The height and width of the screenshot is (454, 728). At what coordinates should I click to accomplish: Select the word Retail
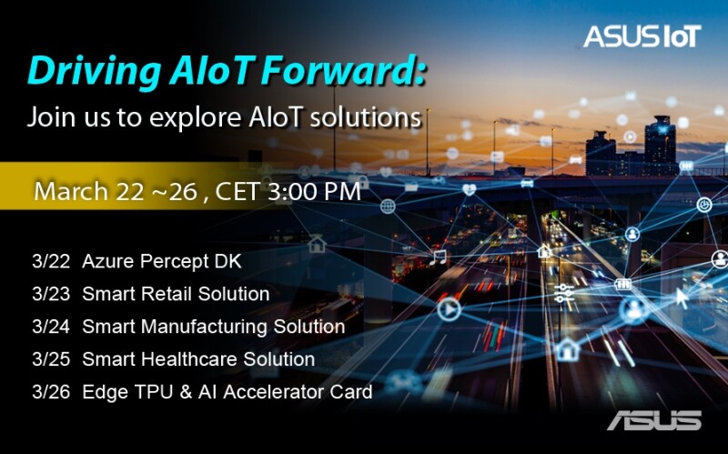click(169, 294)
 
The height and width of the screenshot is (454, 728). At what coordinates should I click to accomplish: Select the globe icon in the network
click(388, 207)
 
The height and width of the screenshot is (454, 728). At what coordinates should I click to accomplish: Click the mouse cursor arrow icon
click(681, 298)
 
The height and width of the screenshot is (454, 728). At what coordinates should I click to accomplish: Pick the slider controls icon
click(564, 294)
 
